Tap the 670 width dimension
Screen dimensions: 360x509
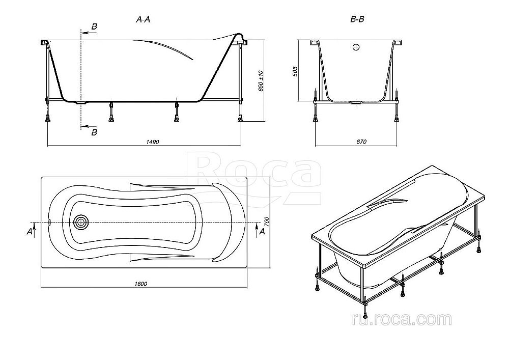click(x=360, y=142)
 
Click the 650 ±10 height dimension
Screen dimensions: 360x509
click(x=261, y=80)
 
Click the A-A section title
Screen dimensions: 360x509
click(x=143, y=20)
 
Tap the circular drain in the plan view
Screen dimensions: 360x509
click(x=80, y=223)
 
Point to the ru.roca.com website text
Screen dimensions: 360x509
click(x=401, y=320)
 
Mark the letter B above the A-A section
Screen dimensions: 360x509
click(x=93, y=26)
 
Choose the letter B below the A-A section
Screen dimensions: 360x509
click(x=93, y=133)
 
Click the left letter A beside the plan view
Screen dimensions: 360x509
click(x=30, y=232)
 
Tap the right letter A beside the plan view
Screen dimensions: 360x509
click(x=262, y=232)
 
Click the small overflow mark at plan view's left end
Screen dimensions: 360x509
click(x=49, y=223)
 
